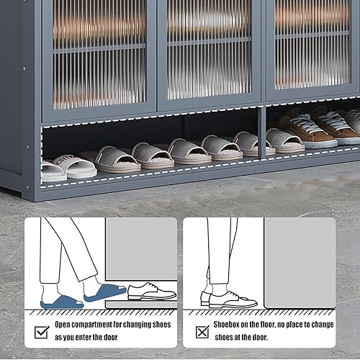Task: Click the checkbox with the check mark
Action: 41,332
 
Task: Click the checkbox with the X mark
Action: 202,332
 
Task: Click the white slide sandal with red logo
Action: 73,166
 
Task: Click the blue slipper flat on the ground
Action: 61,302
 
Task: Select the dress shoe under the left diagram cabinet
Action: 152,292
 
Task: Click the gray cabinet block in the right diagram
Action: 299,259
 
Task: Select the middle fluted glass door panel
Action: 209,50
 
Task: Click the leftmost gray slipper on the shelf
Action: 117,158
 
